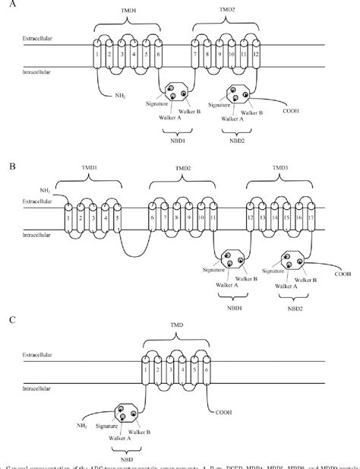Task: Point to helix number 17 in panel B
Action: (311, 218)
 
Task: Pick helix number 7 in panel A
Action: (195, 57)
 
